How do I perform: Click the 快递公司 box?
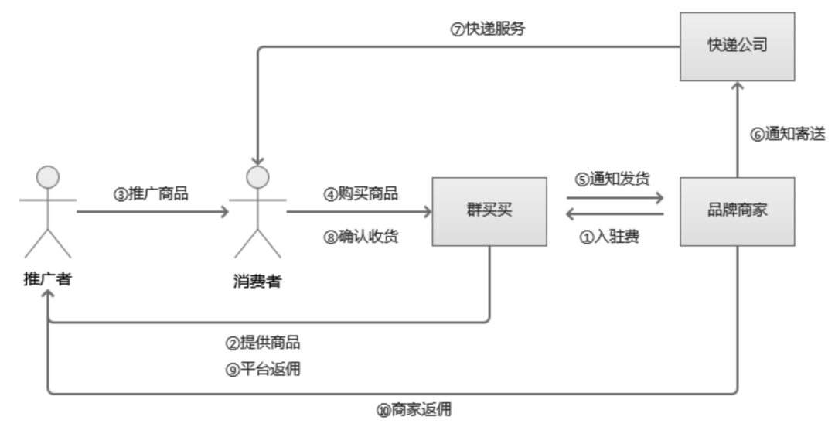737,46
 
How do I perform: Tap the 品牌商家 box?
737,211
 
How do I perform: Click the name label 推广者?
48,278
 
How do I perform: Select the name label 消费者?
257,281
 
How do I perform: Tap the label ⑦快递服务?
489,29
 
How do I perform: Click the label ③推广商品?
152,194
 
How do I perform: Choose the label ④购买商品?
361,194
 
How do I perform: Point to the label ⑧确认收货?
361,237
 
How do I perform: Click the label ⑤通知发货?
615,179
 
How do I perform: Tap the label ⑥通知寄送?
788,134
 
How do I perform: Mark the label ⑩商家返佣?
414,410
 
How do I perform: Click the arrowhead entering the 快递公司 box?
737,87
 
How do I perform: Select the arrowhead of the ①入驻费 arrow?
571,217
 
